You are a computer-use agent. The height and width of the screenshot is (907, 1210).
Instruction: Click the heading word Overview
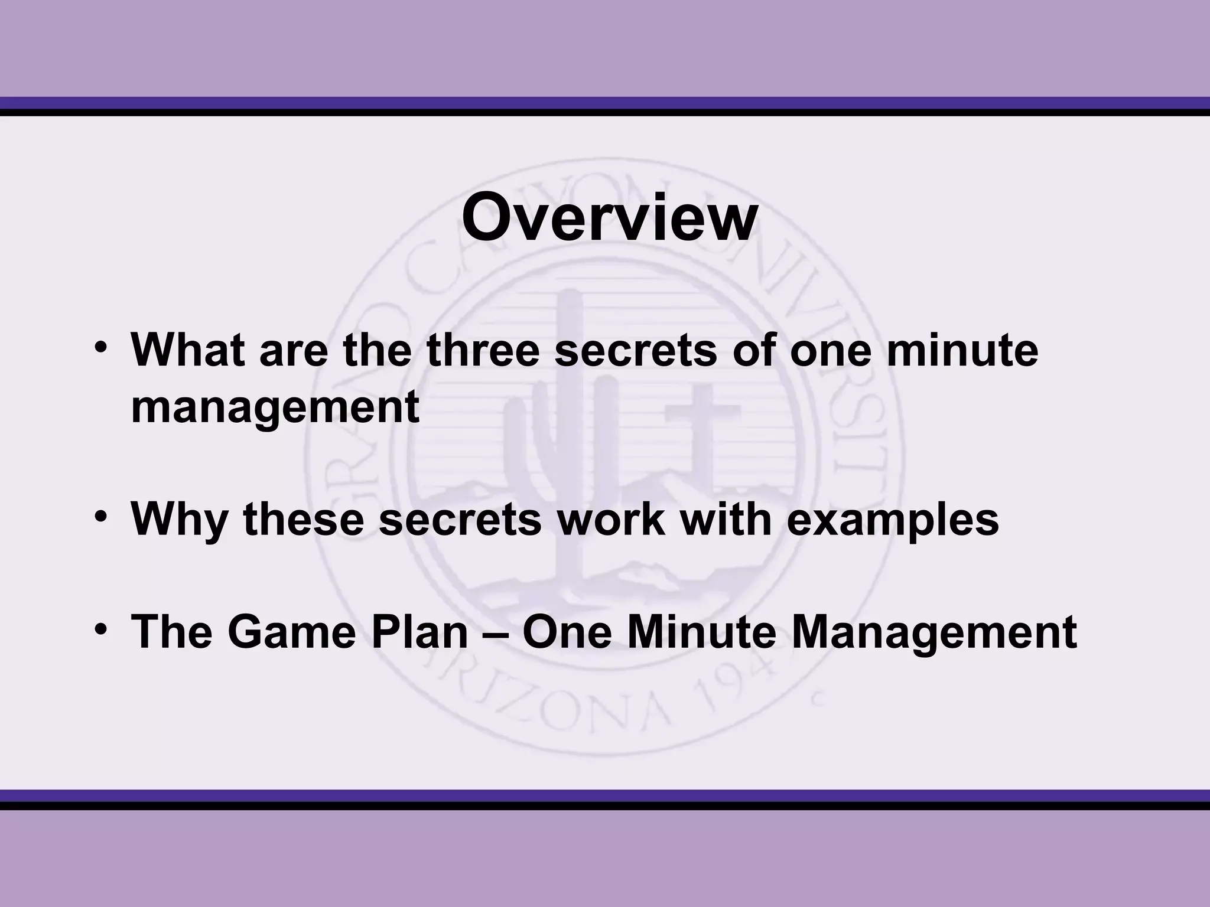609,219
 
